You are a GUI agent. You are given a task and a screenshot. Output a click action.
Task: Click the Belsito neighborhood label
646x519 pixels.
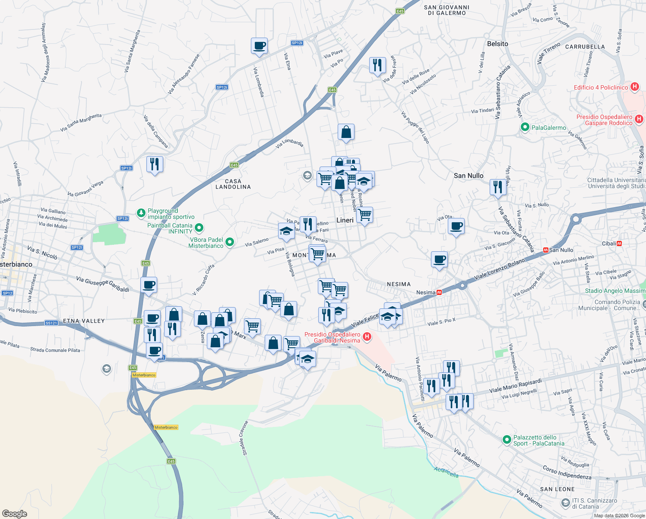point(497,44)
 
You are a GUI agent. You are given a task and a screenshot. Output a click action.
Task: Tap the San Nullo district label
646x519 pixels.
point(469,176)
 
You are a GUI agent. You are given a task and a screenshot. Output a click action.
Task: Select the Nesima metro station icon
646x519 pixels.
point(439,292)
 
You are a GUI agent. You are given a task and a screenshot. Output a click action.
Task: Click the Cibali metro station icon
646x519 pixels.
point(619,243)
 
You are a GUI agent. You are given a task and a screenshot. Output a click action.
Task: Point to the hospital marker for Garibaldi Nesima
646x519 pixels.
point(367,337)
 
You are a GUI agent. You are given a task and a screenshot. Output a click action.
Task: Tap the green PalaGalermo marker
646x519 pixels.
point(525,127)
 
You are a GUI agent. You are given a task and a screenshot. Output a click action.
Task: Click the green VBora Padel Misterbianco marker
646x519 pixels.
point(230,242)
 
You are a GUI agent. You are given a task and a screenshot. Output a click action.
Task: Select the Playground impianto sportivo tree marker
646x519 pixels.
point(141,213)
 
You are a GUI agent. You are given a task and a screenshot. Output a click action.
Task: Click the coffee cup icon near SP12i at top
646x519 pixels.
point(260,45)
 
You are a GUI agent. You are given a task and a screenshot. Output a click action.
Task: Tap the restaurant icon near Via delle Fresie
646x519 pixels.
point(378,65)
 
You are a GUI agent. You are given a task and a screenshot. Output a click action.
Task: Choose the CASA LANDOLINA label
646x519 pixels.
point(233,184)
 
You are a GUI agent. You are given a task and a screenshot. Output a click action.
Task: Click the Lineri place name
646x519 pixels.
point(345,220)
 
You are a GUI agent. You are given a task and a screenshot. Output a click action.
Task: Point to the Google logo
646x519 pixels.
point(15,514)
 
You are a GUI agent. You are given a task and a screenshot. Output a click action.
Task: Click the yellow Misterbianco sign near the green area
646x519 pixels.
point(166,427)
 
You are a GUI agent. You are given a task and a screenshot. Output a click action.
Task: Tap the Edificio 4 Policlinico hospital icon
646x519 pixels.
point(634,87)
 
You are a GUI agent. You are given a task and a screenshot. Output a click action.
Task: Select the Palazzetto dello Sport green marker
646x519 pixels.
point(507,440)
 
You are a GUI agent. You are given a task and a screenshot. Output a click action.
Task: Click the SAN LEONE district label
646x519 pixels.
point(557,489)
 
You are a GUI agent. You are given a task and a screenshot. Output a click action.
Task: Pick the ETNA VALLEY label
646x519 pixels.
point(84,321)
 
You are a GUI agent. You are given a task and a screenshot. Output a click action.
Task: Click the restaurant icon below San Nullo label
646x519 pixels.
point(498,187)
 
